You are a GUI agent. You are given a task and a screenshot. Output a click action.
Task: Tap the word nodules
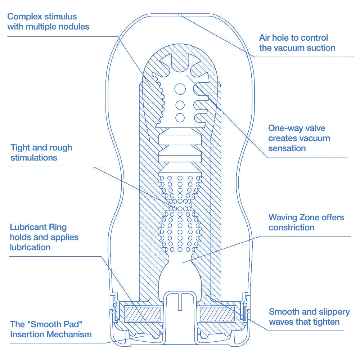click(x=73, y=27)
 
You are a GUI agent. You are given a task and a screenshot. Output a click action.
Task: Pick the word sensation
click(x=287, y=148)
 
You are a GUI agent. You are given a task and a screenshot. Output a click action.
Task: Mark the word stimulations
click(x=34, y=158)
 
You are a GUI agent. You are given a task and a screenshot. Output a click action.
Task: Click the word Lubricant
click(x=28, y=227)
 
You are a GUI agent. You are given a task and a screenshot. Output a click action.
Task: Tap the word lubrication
click(x=30, y=247)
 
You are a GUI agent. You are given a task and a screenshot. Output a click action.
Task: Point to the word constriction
click(x=291, y=228)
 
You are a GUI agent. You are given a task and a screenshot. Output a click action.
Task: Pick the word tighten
click(x=326, y=322)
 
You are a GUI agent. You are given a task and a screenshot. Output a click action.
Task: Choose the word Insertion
click(x=28, y=334)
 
